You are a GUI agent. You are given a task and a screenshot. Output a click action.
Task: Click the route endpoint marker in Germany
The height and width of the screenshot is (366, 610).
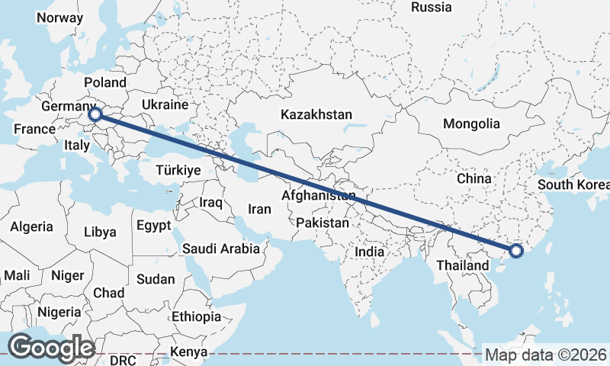tap(95, 114)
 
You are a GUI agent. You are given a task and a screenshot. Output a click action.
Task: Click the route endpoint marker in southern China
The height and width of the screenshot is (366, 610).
tap(516, 250)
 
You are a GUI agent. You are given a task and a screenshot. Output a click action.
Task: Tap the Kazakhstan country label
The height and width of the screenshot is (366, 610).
tap(316, 114)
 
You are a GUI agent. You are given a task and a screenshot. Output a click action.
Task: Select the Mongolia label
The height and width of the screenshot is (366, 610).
tap(471, 124)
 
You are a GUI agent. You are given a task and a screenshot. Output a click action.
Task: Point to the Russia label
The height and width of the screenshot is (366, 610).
tap(431, 7)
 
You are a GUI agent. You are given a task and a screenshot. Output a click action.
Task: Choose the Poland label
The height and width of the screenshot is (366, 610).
tap(105, 82)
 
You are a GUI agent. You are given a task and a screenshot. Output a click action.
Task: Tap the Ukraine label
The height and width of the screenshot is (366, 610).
tap(165, 104)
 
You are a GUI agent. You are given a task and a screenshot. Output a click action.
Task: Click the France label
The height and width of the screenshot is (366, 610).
tap(34, 129)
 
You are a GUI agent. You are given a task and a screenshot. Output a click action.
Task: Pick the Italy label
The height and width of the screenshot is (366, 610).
tap(77, 145)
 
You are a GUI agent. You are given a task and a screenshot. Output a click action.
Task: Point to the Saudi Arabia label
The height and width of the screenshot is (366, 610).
tap(221, 249)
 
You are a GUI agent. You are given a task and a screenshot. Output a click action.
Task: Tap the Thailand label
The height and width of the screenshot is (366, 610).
tap(462, 265)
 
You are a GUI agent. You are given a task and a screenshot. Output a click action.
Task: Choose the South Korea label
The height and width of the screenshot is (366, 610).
tap(573, 185)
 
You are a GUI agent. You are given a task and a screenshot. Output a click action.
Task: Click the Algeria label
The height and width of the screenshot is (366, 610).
tap(31, 226)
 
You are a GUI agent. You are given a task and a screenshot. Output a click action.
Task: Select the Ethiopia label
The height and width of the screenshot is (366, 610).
tap(196, 316)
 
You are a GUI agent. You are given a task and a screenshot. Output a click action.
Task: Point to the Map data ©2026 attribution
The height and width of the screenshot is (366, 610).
tap(546, 355)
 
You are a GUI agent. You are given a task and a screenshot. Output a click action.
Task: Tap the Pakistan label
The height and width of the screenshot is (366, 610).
tap(323, 223)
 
